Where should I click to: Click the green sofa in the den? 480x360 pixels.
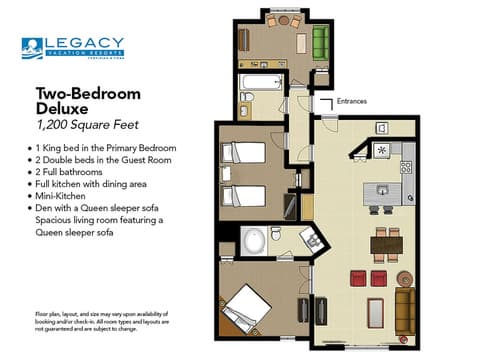[x=320, y=43]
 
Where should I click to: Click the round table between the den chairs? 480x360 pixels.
[x=284, y=21]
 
